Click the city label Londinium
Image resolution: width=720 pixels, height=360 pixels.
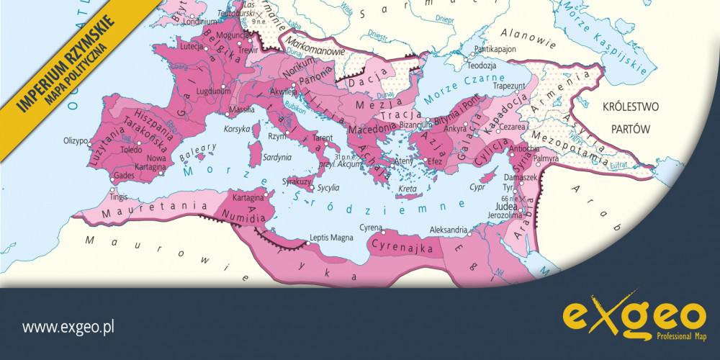pos(201,22)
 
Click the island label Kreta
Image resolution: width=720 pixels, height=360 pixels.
pos(408,189)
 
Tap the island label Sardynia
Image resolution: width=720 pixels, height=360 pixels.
pos(276,156)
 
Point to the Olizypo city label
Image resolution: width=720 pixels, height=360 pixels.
pos(76,140)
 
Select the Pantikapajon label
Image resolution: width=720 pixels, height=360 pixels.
pos(495,50)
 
